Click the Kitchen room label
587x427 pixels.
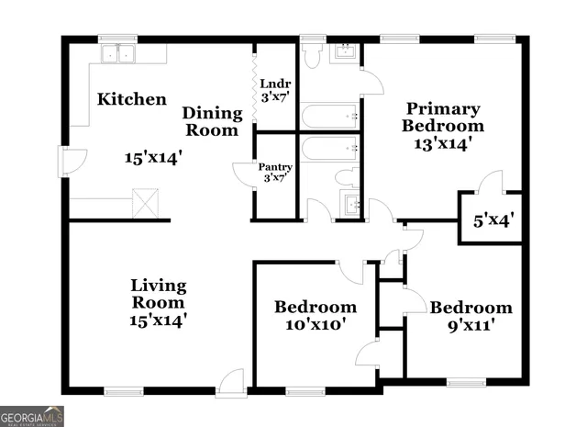coord(132,99)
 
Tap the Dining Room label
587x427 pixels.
coord(212,121)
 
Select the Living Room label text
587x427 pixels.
coord(158,294)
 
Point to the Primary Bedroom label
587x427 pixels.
coord(444,117)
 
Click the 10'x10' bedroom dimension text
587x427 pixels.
coord(315,324)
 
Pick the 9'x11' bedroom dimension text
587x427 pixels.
coord(470,325)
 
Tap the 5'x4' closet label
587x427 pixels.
coord(492,220)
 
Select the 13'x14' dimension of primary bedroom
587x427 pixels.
coord(443,144)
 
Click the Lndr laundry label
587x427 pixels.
coord(275,82)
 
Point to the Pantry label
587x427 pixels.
coord(275,167)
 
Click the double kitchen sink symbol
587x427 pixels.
coord(118,54)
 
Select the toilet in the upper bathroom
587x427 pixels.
coord(313,56)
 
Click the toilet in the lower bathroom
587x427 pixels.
coord(347,178)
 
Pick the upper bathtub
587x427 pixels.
coord(329,118)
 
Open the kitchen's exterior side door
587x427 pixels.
coord(69,163)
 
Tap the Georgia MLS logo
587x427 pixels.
coord(32,416)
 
